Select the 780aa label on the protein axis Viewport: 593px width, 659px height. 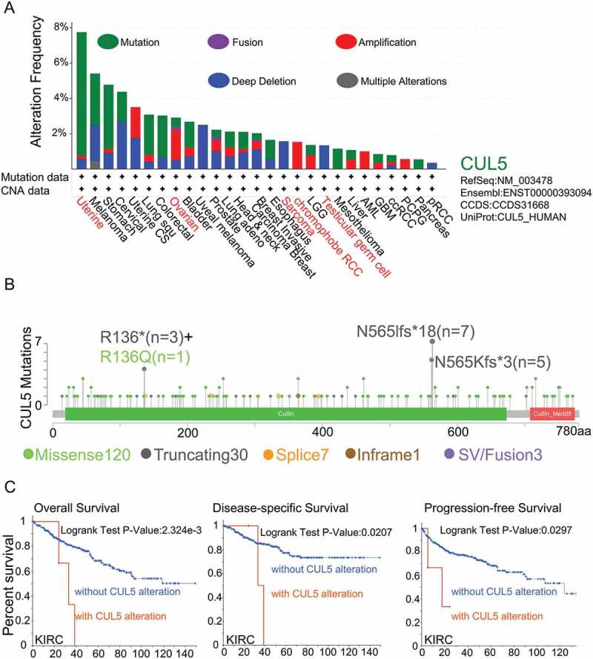pos(560,430)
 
